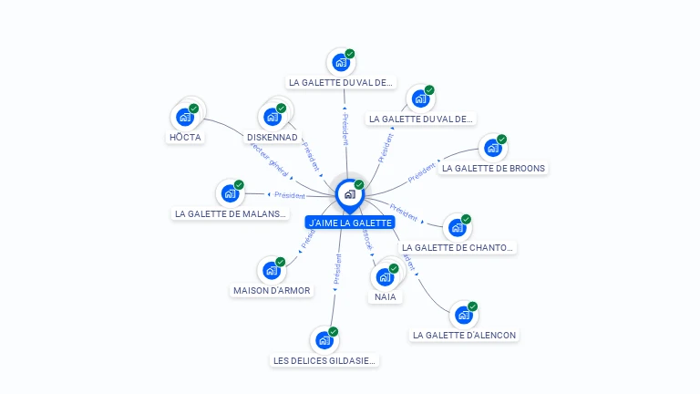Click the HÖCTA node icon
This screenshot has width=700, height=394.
pos(185,117)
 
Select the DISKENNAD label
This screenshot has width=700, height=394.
pos(272,137)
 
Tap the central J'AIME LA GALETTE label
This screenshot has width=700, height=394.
pos(350,223)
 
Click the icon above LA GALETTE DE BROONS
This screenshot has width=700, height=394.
pos(493,148)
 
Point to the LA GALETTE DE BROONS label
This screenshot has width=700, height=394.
pos(493,168)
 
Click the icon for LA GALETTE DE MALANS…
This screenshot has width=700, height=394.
pos(230,193)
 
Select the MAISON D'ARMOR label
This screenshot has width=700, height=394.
pos(271,291)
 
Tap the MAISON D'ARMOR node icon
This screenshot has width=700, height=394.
pos(272,270)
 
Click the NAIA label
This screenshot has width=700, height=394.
pos(385,297)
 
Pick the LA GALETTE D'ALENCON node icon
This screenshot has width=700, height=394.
pos(464,315)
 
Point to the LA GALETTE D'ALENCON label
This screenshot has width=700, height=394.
pos(464,336)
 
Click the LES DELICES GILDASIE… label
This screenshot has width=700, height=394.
pos(324,360)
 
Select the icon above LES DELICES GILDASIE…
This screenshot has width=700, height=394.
pos(324,340)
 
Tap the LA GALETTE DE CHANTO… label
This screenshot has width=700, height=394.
pos(458,247)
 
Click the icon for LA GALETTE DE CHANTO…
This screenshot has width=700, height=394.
pos(458,227)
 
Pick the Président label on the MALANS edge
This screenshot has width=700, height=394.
pos(290,195)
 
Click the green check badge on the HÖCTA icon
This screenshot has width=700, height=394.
pos(193,109)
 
